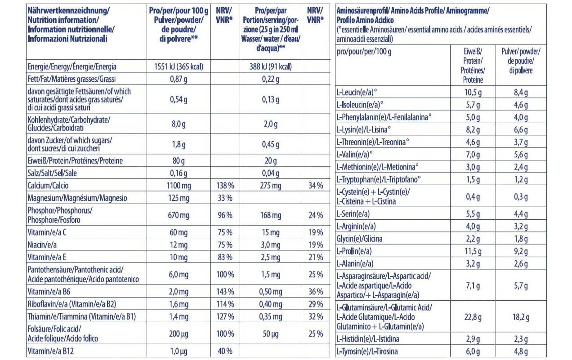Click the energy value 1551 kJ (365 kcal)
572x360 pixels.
click(x=179, y=67)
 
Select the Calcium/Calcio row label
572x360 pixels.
click(x=48, y=186)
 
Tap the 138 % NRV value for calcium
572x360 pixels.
click(x=225, y=186)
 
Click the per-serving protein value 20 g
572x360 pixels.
click(x=271, y=161)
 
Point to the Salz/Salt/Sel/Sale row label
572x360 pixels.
click(x=52, y=173)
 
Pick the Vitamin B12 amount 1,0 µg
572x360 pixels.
click(x=179, y=351)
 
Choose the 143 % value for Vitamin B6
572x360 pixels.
click(x=225, y=292)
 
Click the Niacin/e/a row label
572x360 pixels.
click(x=42, y=245)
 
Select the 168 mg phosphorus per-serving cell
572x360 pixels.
click(x=271, y=215)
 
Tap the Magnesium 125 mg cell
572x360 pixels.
click(x=179, y=198)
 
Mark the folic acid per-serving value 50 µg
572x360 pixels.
click(x=271, y=334)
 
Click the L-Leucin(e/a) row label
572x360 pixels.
click(x=357, y=92)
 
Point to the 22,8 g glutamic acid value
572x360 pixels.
click(x=473, y=317)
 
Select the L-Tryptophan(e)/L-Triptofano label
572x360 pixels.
click(x=379, y=179)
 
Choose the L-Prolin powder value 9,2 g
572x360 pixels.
click(x=521, y=252)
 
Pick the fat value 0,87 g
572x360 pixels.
click(x=179, y=79)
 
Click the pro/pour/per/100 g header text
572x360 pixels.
click(x=364, y=52)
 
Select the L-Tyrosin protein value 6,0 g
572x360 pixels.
click(x=473, y=351)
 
